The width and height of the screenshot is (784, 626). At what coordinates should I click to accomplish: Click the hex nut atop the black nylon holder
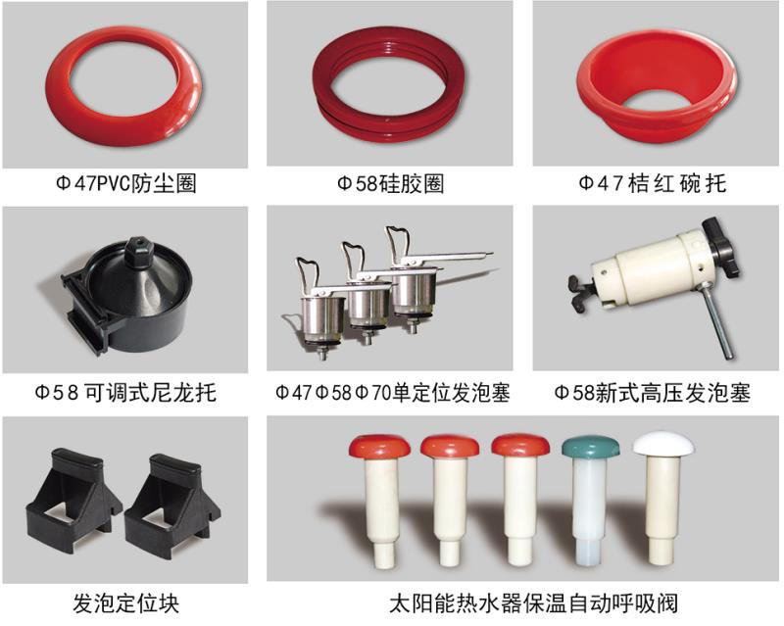tap(138, 247)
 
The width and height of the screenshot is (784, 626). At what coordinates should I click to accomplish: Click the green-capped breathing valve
tap(590, 500)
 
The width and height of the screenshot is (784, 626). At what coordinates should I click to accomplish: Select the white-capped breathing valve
tap(662, 500)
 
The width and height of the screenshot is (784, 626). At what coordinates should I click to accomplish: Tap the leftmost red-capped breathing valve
tap(379, 500)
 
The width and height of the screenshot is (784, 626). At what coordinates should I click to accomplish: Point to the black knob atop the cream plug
tap(720, 245)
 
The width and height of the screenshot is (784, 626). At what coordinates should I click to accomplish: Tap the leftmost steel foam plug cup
tap(322, 320)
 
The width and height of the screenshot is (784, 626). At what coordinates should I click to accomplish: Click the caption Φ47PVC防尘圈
tap(125, 183)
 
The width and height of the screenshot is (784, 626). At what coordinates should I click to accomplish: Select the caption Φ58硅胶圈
tap(390, 183)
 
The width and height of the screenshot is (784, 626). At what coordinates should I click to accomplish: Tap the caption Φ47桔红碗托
tap(652, 183)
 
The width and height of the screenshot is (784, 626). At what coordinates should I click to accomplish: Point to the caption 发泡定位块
tap(125, 603)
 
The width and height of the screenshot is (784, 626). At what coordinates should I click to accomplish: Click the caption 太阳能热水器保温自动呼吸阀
tap(533, 603)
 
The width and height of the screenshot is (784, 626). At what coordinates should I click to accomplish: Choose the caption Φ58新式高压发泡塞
tap(653, 393)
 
